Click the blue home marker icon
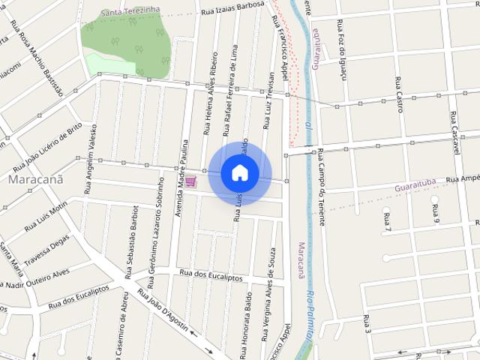(240, 172)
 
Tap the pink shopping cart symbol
(190, 181)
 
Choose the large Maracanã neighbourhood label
(35, 181)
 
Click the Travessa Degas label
(46, 249)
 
